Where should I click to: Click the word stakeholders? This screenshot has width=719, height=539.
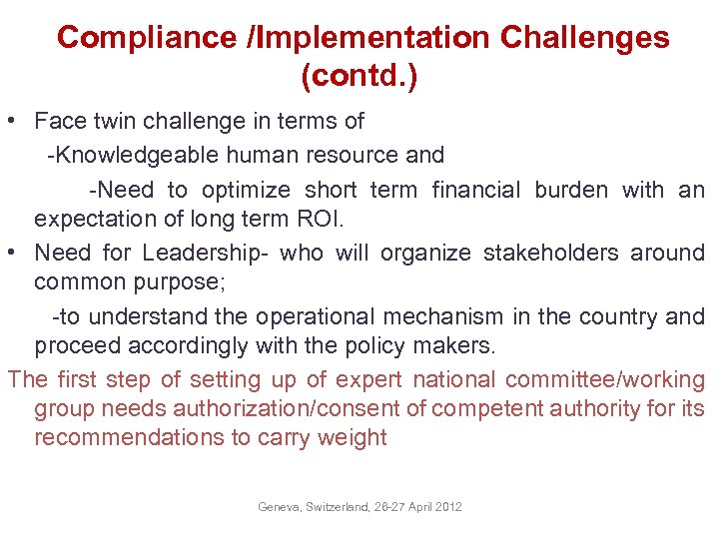[550, 254]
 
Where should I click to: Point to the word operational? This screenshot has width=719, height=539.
[311, 317]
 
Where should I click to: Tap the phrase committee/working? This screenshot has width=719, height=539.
[604, 380]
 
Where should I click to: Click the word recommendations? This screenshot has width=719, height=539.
[123, 438]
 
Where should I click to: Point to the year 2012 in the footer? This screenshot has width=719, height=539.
[449, 507]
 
